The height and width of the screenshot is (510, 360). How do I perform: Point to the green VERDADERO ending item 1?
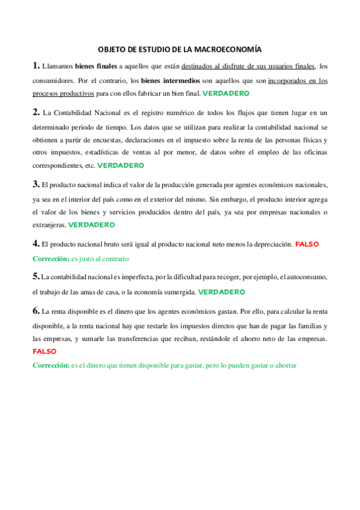tap(226, 94)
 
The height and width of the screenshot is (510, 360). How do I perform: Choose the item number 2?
tap(36, 112)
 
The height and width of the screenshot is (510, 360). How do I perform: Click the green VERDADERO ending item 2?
tap(120, 165)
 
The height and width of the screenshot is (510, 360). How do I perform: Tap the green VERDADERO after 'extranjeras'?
tap(92, 224)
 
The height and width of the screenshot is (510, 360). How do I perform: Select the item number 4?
tap(36, 244)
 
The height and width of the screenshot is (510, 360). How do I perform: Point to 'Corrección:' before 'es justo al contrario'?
tap(50, 258)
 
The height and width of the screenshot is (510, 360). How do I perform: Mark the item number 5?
tap(36, 277)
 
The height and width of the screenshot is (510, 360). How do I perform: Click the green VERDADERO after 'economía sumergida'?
tap(221, 292)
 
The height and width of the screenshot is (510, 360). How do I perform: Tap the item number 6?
tap(36, 311)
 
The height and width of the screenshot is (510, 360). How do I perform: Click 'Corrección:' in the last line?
tap(50, 365)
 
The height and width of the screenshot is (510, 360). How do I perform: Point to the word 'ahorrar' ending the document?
tap(285, 365)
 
